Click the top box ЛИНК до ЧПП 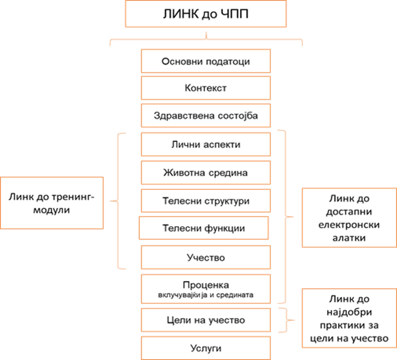point(206,14)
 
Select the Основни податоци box point(206,61)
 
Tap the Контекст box point(206,88)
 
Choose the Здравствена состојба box point(206,115)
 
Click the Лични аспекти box point(206,144)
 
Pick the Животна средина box point(206,173)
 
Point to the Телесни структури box point(206,201)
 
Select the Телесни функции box point(204,228)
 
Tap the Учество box point(206,257)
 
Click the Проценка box point(206,289)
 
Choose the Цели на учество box point(206,320)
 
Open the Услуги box point(206,348)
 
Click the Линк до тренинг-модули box point(52,203)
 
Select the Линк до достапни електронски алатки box point(350,218)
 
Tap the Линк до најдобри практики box point(350,318)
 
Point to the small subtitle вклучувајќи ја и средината point(206,295)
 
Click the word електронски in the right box point(349,225)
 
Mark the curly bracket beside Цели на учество point(287,320)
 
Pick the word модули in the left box point(51,211)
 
